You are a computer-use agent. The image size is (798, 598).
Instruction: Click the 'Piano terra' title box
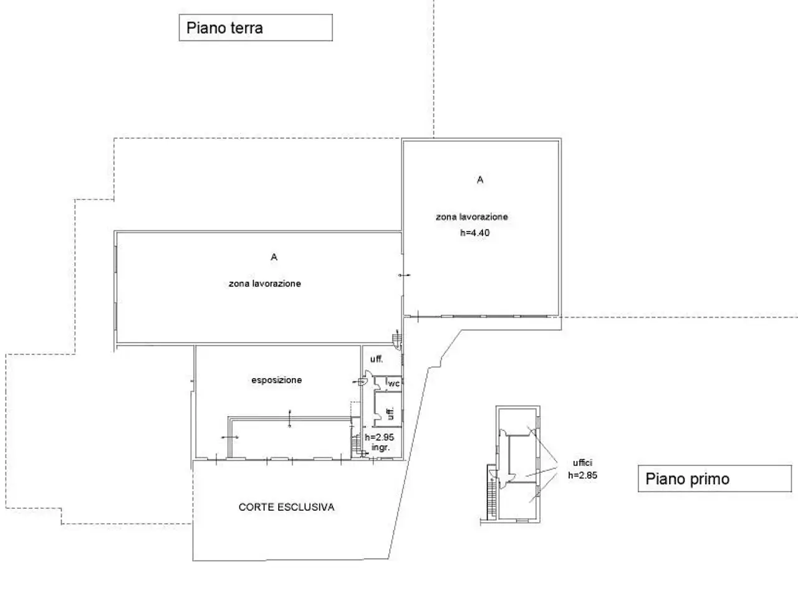tap(256, 27)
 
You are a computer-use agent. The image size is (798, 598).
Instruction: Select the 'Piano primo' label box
tap(714, 478)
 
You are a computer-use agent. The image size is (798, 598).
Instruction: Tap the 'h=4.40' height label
tap(475, 233)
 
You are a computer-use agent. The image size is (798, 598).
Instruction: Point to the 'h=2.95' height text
tap(380, 437)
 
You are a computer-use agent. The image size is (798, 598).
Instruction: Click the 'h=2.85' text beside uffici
tap(583, 475)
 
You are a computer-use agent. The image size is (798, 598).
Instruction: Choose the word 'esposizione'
tap(277, 380)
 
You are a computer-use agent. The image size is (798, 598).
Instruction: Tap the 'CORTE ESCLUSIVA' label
tap(287, 507)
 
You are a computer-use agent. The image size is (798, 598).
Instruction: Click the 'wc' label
tap(394, 384)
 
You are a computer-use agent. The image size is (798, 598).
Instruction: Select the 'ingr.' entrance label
tap(381, 447)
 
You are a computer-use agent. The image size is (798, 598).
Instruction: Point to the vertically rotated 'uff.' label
tap(390, 414)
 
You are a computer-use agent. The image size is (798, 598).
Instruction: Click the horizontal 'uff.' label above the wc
tap(377, 359)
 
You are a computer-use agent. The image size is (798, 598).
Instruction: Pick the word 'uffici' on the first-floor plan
tap(582, 463)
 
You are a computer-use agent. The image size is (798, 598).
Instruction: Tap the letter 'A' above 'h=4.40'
tap(480, 180)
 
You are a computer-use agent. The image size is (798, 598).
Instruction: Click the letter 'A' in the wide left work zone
tap(274, 257)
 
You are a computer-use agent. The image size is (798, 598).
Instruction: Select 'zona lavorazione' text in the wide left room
tap(265, 283)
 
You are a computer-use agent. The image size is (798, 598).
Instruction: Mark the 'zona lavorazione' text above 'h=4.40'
tap(472, 217)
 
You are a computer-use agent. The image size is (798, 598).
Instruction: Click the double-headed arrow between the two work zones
tap(404, 275)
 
